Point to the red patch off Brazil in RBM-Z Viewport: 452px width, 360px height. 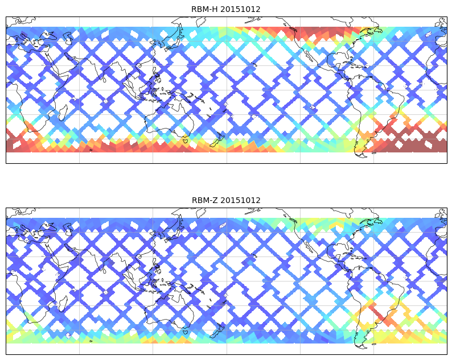379,313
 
